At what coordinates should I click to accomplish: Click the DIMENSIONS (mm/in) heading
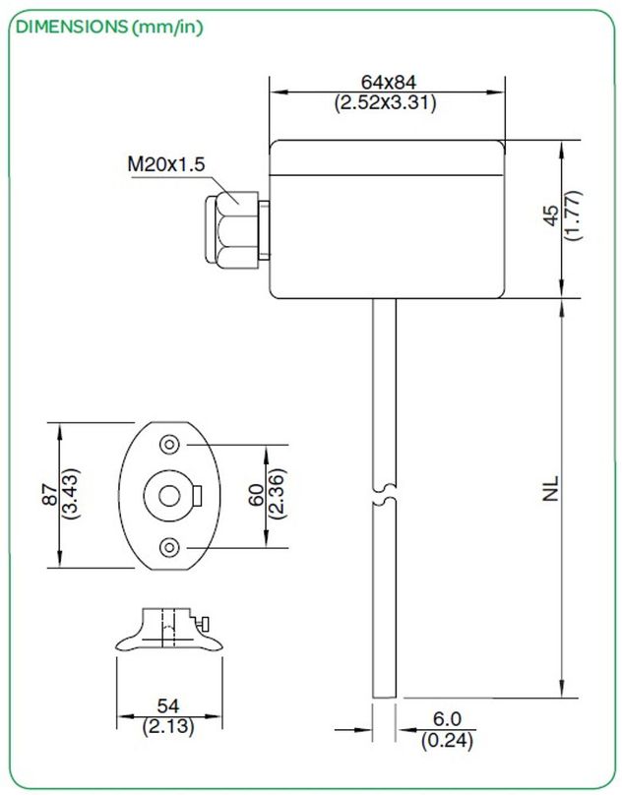[x=108, y=27]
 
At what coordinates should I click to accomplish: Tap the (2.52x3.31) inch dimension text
[x=386, y=102]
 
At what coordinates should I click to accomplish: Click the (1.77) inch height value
[x=574, y=218]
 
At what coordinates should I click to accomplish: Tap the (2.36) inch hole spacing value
[x=278, y=495]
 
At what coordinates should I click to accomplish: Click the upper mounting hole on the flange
[x=171, y=446]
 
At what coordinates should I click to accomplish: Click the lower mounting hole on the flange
[x=171, y=546]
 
